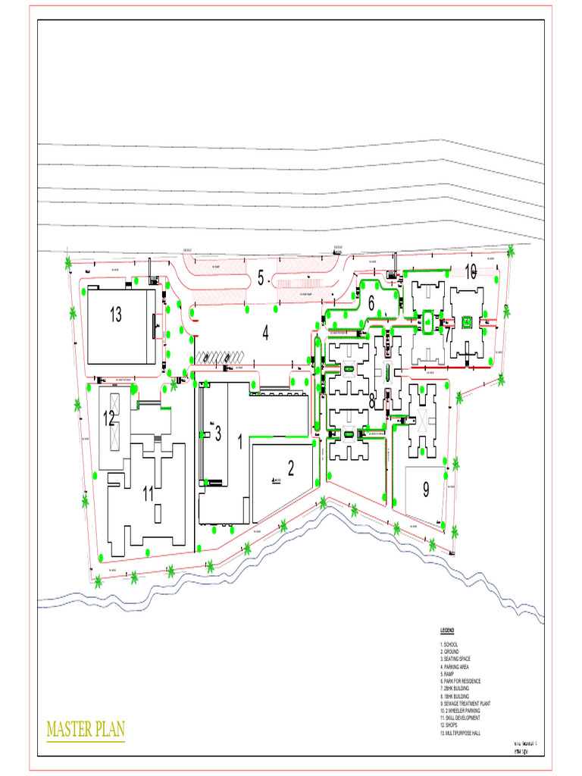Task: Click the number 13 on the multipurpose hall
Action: point(115,315)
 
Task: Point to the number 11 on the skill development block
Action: point(149,493)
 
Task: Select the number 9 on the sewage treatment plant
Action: point(426,490)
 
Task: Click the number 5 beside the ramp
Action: point(260,278)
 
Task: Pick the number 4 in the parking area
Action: point(266,333)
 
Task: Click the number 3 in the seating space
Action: point(217,433)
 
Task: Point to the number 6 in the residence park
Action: point(371,302)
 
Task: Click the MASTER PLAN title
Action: point(86,730)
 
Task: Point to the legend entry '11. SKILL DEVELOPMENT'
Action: point(460,718)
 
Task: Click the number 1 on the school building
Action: point(240,442)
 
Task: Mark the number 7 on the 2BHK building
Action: point(448,333)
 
